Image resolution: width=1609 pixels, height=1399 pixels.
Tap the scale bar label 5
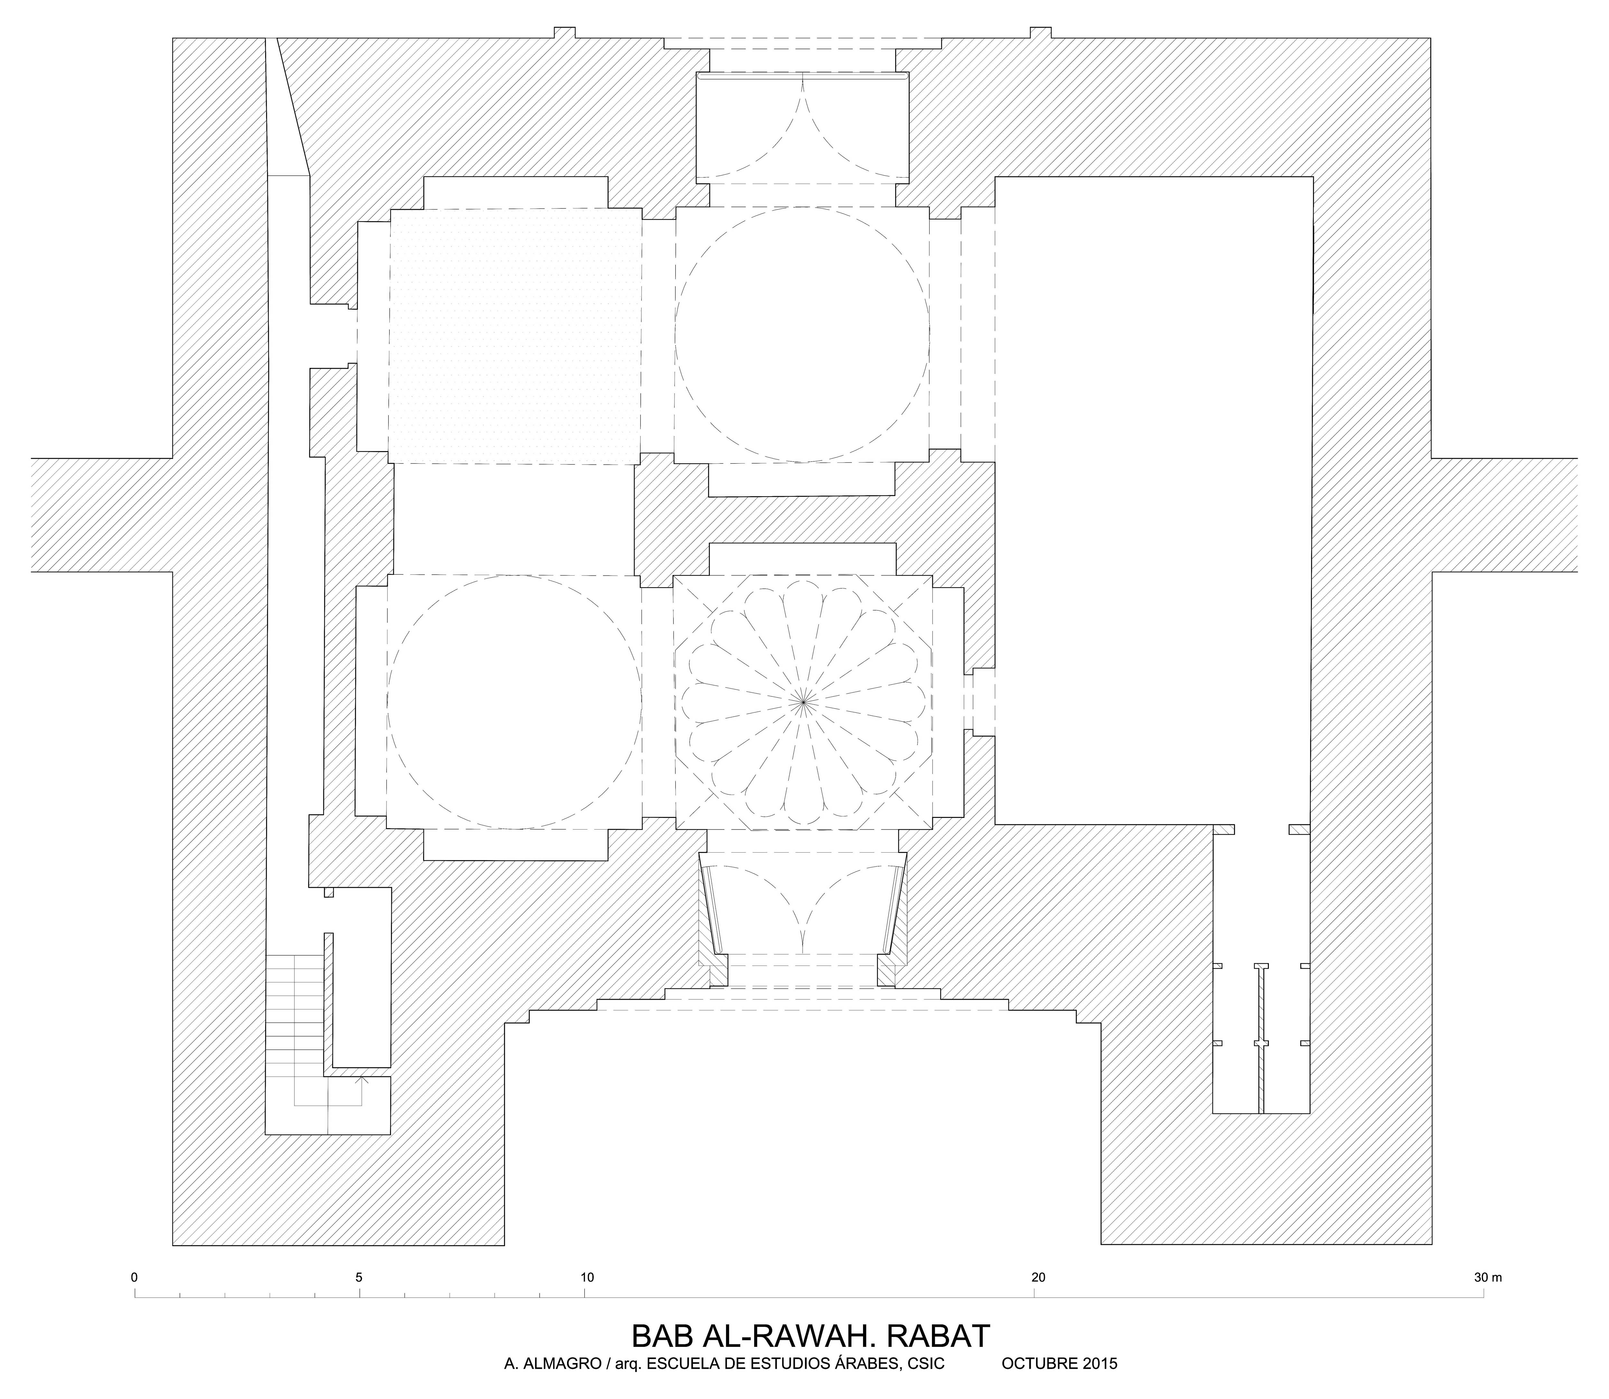coord(359,1278)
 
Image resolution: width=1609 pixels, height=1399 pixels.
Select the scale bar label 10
coord(586,1278)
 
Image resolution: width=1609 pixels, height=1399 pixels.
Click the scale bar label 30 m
coord(1487,1278)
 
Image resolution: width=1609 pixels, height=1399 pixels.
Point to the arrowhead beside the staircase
coord(361,1080)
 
